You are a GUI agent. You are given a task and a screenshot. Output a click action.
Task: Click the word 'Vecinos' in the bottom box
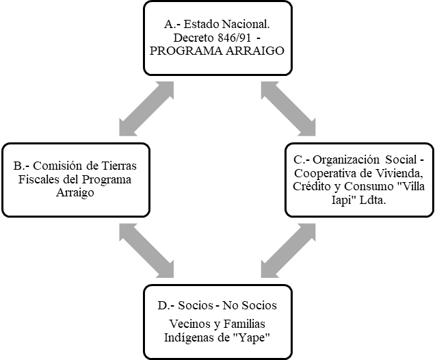pos(195,323)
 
